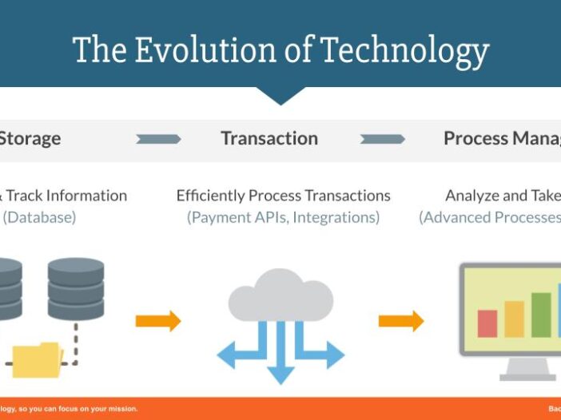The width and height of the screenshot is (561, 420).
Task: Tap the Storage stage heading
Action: tap(30, 138)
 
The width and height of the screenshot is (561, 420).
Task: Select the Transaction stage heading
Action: tap(269, 138)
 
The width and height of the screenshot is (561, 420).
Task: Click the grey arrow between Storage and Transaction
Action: tap(158, 139)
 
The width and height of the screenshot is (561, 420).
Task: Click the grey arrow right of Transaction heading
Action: tap(382, 139)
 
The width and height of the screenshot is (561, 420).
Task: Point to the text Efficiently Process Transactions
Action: tap(283, 196)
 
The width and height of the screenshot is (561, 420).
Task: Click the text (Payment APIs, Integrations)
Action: tap(283, 217)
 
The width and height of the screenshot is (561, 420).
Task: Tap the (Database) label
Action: tap(39, 217)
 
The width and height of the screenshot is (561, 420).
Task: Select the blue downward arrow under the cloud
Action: tap(280, 363)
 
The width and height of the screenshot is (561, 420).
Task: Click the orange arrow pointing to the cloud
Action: tap(157, 321)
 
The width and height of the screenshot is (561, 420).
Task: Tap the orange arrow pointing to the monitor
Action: tap(400, 321)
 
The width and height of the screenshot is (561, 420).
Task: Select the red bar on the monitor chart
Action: tap(487, 323)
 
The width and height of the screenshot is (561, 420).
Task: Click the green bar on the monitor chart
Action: tap(541, 315)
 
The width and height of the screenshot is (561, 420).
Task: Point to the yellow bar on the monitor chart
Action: tap(514, 319)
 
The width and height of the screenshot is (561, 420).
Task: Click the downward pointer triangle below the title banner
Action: tap(280, 96)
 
